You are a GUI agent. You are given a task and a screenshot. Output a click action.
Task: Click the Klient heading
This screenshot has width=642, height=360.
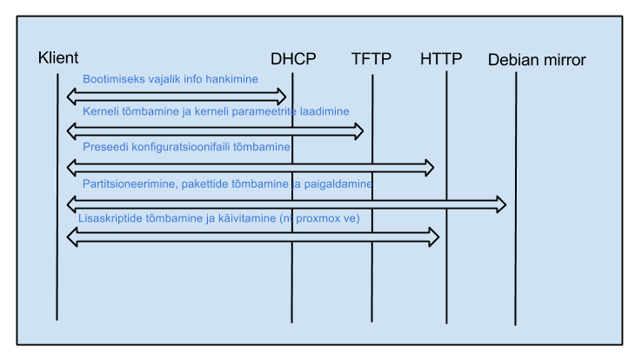pyautogui.click(x=58, y=57)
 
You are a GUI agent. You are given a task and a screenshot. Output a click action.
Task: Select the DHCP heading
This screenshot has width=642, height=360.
pyautogui.click(x=293, y=59)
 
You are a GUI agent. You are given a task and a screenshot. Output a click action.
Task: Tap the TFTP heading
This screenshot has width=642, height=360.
pyautogui.click(x=371, y=59)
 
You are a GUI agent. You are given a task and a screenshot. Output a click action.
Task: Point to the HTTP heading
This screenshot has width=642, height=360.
pyautogui.click(x=441, y=59)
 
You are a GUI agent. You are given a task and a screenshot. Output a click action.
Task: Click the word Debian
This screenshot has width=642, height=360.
pyautogui.click(x=513, y=60)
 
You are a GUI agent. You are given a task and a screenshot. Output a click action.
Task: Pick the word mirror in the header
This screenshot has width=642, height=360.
pyautogui.click(x=564, y=60)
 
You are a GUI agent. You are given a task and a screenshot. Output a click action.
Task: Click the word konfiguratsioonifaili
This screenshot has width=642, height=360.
pyautogui.click(x=181, y=147)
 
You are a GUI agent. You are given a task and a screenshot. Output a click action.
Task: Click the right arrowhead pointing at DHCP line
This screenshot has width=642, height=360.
pyautogui.click(x=281, y=97)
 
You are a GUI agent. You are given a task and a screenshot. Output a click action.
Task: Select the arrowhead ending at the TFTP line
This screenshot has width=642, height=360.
pyautogui.click(x=358, y=131)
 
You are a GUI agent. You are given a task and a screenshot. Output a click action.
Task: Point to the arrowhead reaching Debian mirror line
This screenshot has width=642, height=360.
pyautogui.click(x=501, y=204)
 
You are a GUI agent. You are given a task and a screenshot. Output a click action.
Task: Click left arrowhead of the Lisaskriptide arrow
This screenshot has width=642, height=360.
pyautogui.click(x=72, y=237)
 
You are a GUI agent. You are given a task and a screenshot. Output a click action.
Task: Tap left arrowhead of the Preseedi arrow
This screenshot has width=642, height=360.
pyautogui.click(x=72, y=168)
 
